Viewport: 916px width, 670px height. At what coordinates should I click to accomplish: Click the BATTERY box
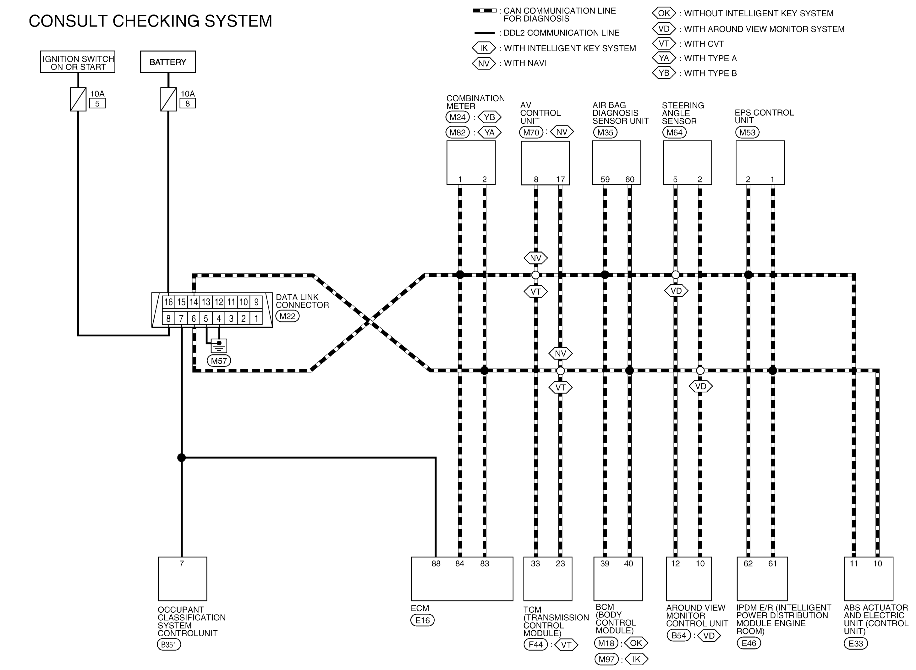168,62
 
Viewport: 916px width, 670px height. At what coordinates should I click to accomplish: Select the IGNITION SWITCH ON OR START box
78,62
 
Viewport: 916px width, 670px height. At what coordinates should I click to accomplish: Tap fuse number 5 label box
97,103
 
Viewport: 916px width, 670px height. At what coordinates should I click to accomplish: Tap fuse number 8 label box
188,103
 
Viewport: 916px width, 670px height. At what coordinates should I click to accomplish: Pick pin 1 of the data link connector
256,318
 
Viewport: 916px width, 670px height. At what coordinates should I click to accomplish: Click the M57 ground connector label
219,360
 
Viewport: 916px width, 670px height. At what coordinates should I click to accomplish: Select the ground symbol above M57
219,346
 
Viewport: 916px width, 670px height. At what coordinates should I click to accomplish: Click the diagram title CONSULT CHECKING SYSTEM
150,21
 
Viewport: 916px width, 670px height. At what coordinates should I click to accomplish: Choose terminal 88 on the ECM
436,563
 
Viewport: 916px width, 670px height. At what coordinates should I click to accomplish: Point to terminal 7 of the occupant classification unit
182,563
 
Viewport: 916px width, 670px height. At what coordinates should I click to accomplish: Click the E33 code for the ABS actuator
856,643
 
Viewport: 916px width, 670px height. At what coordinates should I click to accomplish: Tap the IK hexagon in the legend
484,48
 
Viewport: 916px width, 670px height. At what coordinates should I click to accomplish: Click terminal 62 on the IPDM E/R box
748,563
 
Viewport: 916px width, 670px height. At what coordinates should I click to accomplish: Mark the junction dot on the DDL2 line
182,457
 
